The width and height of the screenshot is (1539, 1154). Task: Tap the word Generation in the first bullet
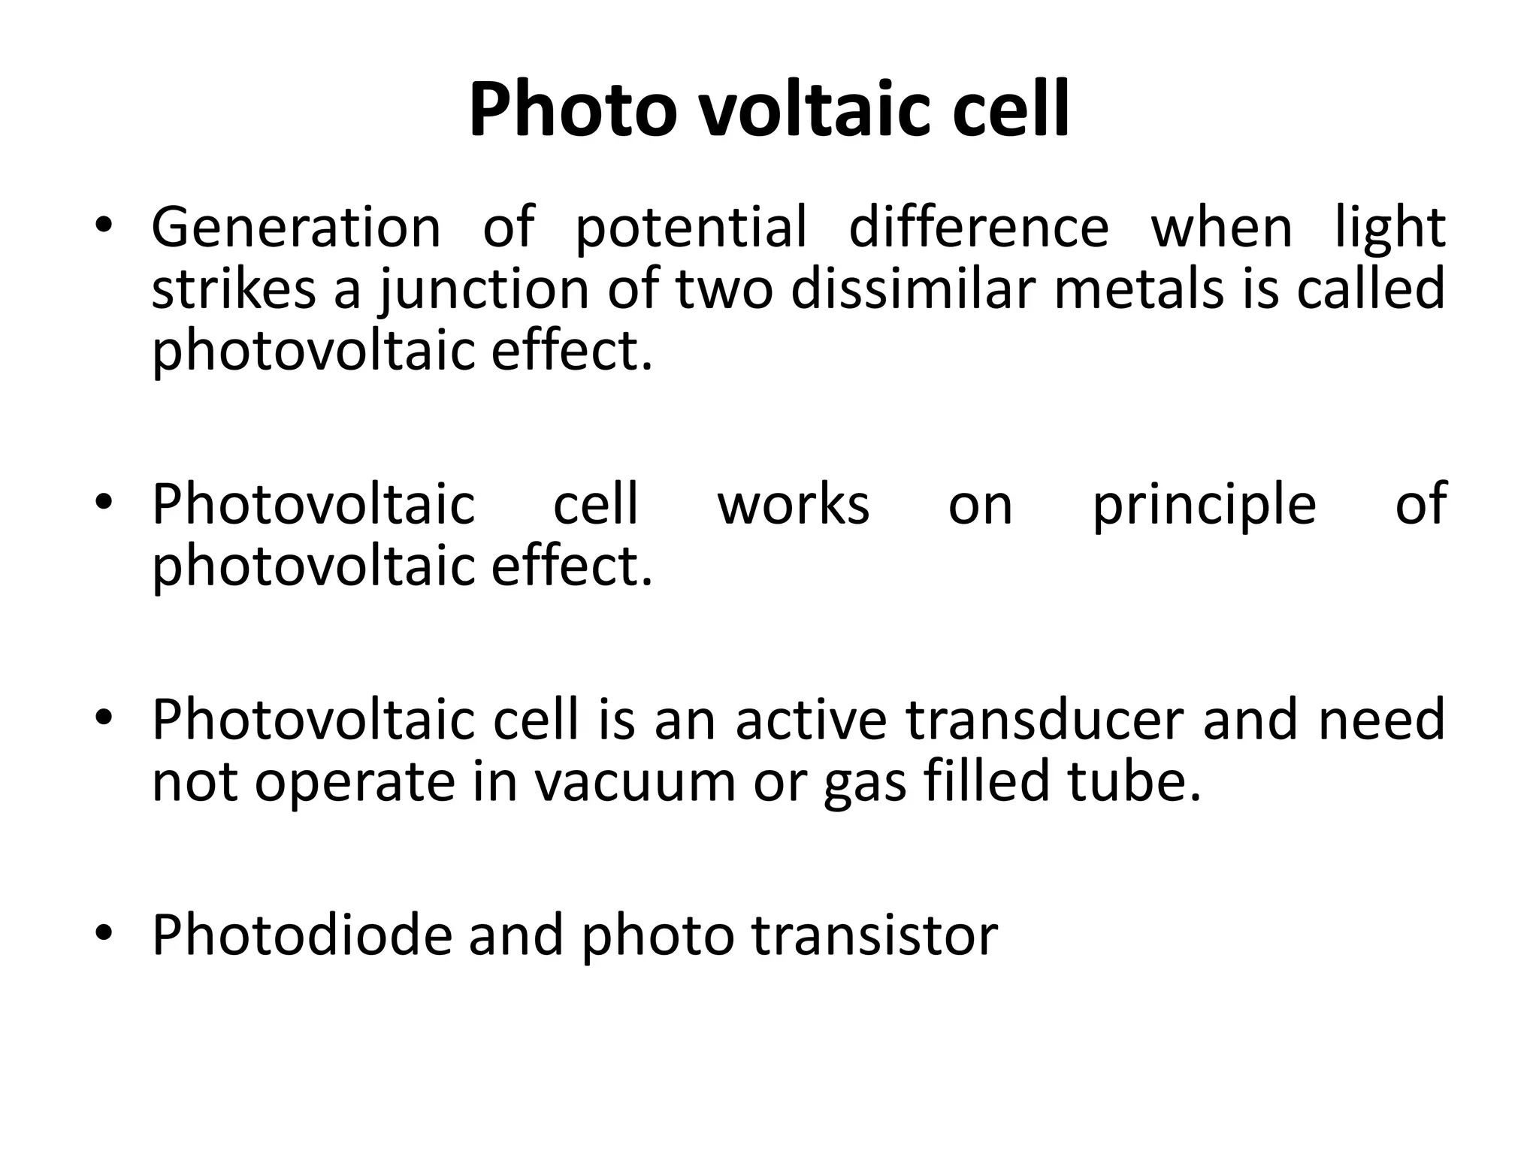(x=296, y=227)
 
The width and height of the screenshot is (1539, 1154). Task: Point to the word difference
(x=978, y=227)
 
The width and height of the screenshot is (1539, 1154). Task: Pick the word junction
(x=485, y=292)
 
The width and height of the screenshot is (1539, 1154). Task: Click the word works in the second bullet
(x=794, y=505)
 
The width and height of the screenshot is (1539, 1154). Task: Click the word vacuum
(x=634, y=783)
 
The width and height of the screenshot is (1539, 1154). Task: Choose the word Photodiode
(x=302, y=935)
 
